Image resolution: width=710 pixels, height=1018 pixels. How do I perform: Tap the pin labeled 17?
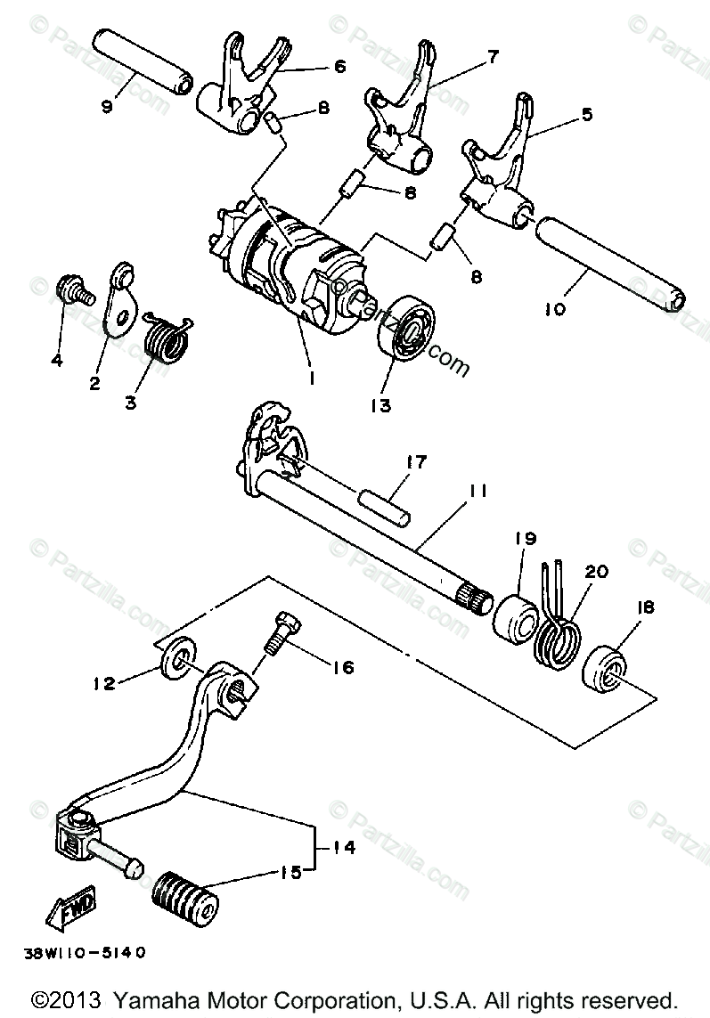pyautogui.click(x=386, y=502)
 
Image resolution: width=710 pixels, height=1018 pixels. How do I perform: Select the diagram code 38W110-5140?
pyautogui.click(x=86, y=950)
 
